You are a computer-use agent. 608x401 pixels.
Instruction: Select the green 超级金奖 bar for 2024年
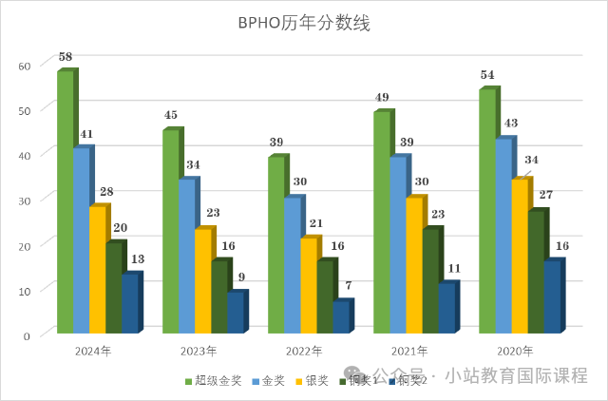(65, 204)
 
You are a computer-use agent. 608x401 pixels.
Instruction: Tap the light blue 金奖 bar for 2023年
(186, 257)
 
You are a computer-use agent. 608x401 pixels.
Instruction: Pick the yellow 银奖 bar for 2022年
(308, 285)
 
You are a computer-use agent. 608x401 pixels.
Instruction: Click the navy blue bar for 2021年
(446, 308)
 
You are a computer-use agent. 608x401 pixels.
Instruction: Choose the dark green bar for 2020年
(536, 272)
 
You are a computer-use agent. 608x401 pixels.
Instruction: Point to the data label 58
(66, 57)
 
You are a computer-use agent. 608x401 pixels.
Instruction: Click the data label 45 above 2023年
(171, 116)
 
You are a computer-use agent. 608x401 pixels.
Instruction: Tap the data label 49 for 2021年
(382, 98)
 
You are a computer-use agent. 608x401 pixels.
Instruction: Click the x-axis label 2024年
(93, 351)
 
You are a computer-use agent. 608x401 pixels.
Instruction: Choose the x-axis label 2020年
(515, 351)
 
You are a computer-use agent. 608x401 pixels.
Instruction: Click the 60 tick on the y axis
(25, 65)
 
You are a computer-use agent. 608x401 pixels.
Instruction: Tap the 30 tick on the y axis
(25, 200)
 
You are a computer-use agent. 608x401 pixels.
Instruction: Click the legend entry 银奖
(313, 382)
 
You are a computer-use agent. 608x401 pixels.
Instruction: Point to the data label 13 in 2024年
(138, 259)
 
